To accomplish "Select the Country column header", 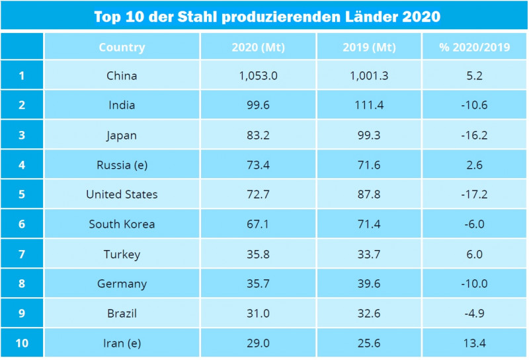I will [122, 47].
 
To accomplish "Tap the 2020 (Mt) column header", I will [258, 47].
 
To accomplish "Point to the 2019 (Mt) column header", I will [369, 47].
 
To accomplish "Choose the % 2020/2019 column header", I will [474, 47].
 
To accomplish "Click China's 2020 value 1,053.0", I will [258, 75].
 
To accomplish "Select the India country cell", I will [122, 105].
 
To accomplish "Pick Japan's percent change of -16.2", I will [474, 135].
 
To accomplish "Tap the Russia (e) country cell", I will [122, 165].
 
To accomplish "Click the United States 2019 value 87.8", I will [369, 195].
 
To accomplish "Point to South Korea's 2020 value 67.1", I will [258, 224].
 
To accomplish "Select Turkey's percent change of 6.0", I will [474, 254].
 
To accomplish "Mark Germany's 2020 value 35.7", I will [258, 284].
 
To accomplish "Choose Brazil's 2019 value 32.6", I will [369, 314].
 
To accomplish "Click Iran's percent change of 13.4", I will [474, 343].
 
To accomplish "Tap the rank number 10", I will [22, 343].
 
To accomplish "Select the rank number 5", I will [22, 195].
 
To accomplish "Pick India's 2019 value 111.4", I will [369, 105].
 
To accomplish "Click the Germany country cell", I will [122, 284].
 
